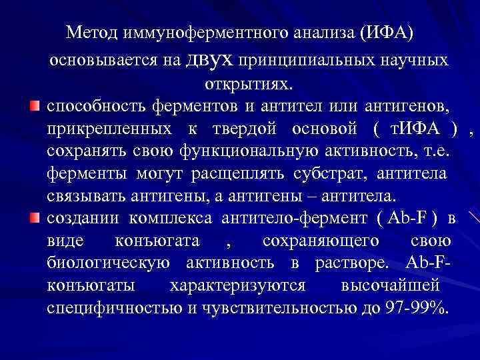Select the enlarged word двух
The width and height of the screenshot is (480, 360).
(x=211, y=59)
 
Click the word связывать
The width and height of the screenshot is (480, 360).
(x=84, y=197)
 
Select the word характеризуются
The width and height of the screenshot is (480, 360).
(x=238, y=287)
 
